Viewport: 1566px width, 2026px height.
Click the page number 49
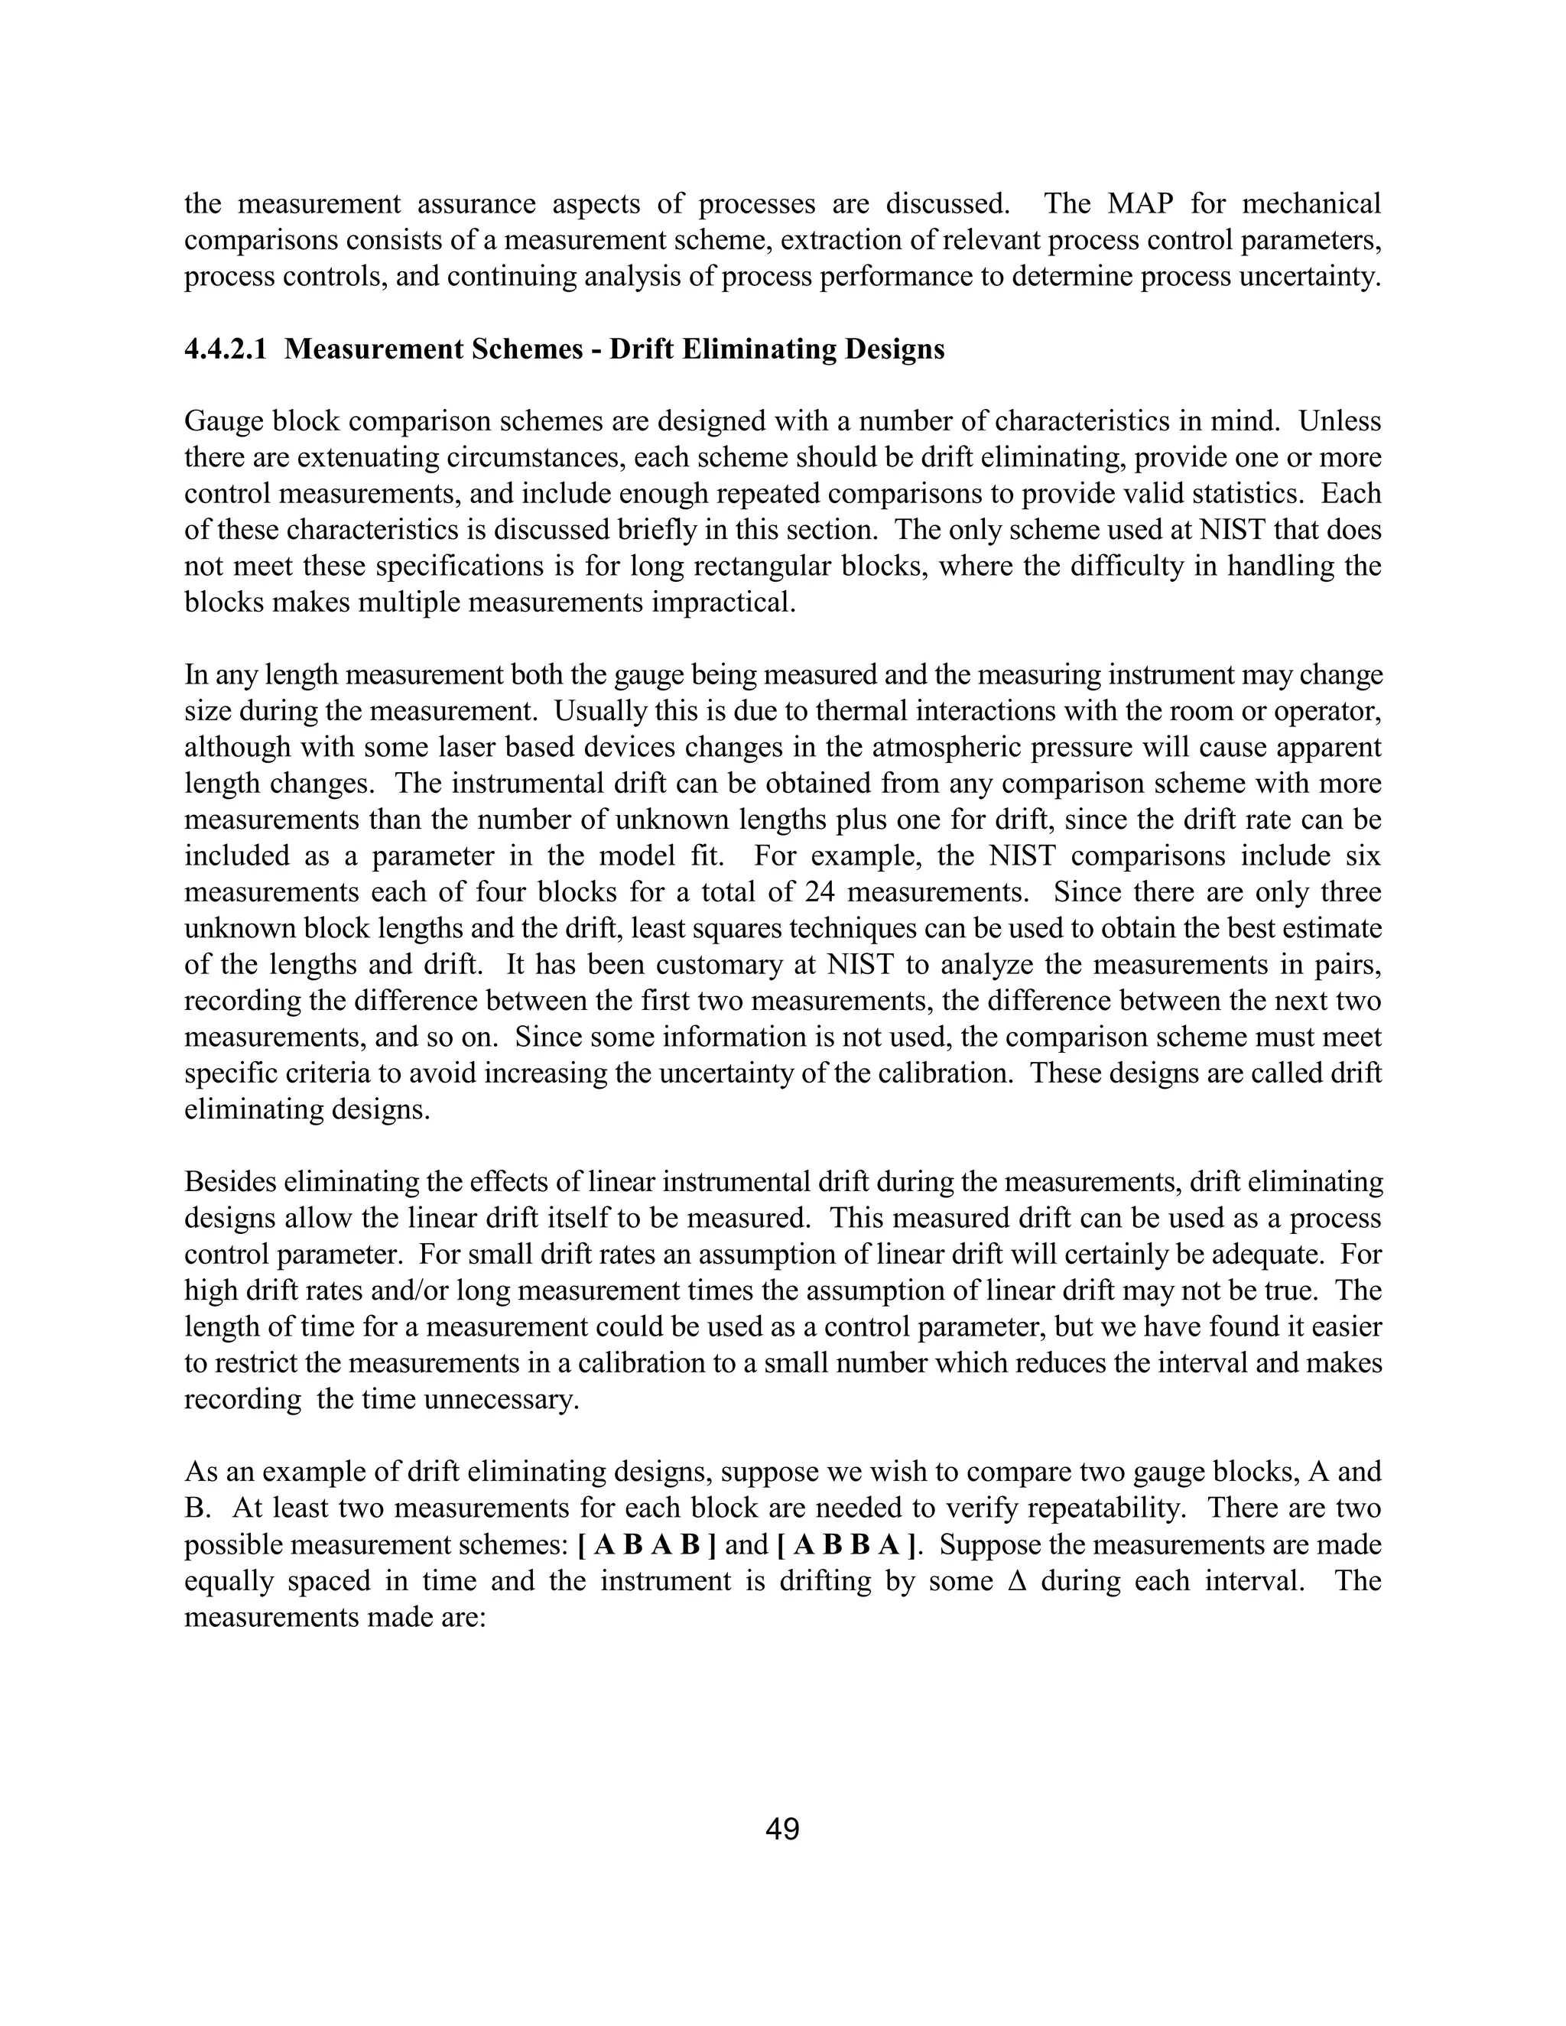pyautogui.click(x=782, y=1830)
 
